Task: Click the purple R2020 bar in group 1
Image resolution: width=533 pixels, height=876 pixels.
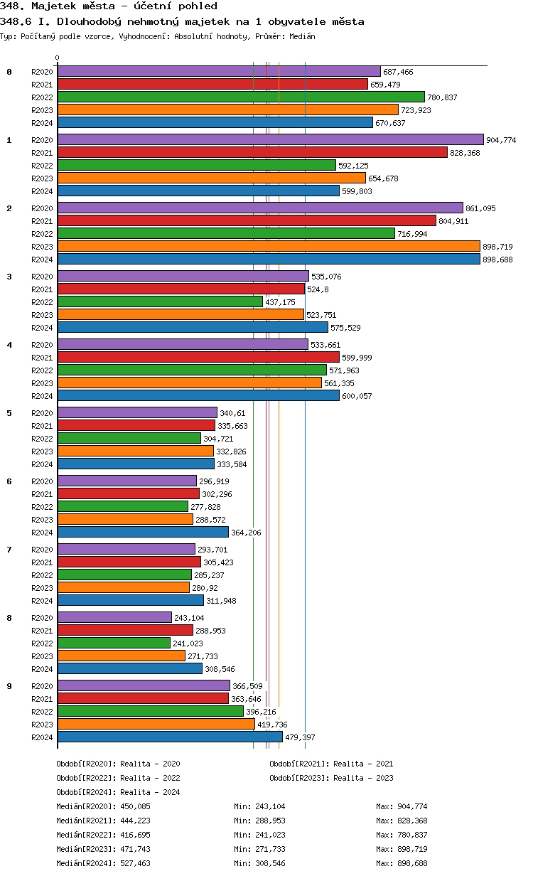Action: pos(270,140)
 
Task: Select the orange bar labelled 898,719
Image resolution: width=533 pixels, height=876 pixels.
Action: pos(269,246)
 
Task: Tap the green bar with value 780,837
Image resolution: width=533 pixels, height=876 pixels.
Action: pos(240,97)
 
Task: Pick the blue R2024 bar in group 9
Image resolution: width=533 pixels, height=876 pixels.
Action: pos(170,737)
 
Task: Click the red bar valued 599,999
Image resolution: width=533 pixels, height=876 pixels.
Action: pos(198,357)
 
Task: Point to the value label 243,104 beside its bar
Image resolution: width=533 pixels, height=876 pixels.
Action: pos(189,618)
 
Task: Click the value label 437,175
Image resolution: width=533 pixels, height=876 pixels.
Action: pos(280,302)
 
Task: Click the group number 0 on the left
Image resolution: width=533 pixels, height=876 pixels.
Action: pos(9,72)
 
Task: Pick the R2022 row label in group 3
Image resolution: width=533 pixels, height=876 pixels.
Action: pos(43,302)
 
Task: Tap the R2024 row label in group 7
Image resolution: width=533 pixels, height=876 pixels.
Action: pos(43,601)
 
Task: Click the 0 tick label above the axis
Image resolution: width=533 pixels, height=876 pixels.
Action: pos(58,58)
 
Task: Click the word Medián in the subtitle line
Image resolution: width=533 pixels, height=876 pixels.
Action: pos(303,36)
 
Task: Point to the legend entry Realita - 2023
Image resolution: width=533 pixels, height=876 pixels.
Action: pos(363,778)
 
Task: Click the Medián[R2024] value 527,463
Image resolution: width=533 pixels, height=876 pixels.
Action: pos(135,863)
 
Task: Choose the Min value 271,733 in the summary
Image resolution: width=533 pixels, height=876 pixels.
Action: pos(269,849)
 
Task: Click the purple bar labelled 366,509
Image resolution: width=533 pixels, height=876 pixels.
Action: pos(144,685)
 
